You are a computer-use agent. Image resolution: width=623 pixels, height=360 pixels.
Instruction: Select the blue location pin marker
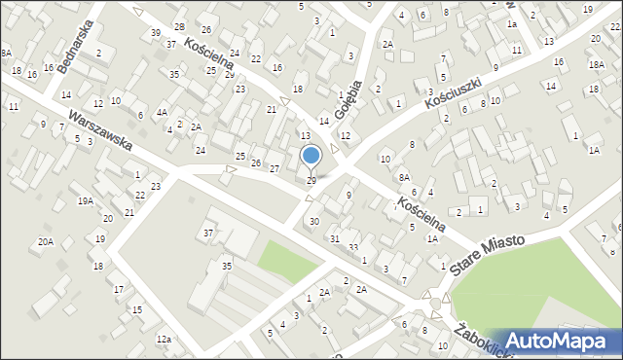[311, 159]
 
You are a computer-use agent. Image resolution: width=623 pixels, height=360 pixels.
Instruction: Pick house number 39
[156, 33]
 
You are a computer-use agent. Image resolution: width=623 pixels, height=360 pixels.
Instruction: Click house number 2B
[179, 25]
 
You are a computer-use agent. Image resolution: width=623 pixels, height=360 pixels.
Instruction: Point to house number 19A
[86, 201]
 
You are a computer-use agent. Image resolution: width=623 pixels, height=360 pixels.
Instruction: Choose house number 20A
[45, 241]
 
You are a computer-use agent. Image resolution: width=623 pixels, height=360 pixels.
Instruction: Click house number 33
[353, 248]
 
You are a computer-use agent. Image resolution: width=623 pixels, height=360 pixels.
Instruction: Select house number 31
[334, 239]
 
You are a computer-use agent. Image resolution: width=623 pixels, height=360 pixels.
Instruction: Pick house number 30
[313, 222]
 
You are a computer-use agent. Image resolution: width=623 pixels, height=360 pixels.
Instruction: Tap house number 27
[275, 169]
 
